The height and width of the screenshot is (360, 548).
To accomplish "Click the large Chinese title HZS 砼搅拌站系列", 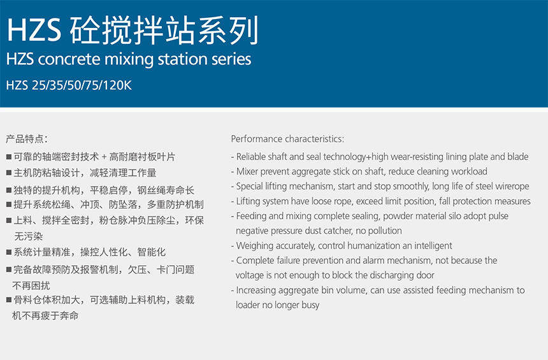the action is click(133, 31).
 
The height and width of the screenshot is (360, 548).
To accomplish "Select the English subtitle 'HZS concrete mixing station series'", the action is click(129, 59).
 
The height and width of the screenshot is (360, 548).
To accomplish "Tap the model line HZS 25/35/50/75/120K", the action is click(69, 85).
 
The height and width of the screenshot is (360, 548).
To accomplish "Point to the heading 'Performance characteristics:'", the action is click(287, 139).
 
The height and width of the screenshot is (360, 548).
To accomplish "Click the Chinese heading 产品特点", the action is click(25, 139).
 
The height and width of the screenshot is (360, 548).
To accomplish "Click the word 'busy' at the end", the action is click(310, 305).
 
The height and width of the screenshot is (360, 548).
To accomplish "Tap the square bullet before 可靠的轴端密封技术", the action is click(9, 157).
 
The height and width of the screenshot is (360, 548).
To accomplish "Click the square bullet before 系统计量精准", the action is click(9, 252).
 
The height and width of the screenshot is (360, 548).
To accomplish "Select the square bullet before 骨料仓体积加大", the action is click(9, 300).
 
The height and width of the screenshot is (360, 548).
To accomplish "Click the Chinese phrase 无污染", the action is click(28, 236).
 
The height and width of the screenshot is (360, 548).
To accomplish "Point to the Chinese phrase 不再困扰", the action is click(31, 285).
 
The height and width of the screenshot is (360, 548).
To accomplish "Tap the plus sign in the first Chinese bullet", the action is click(104, 157).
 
